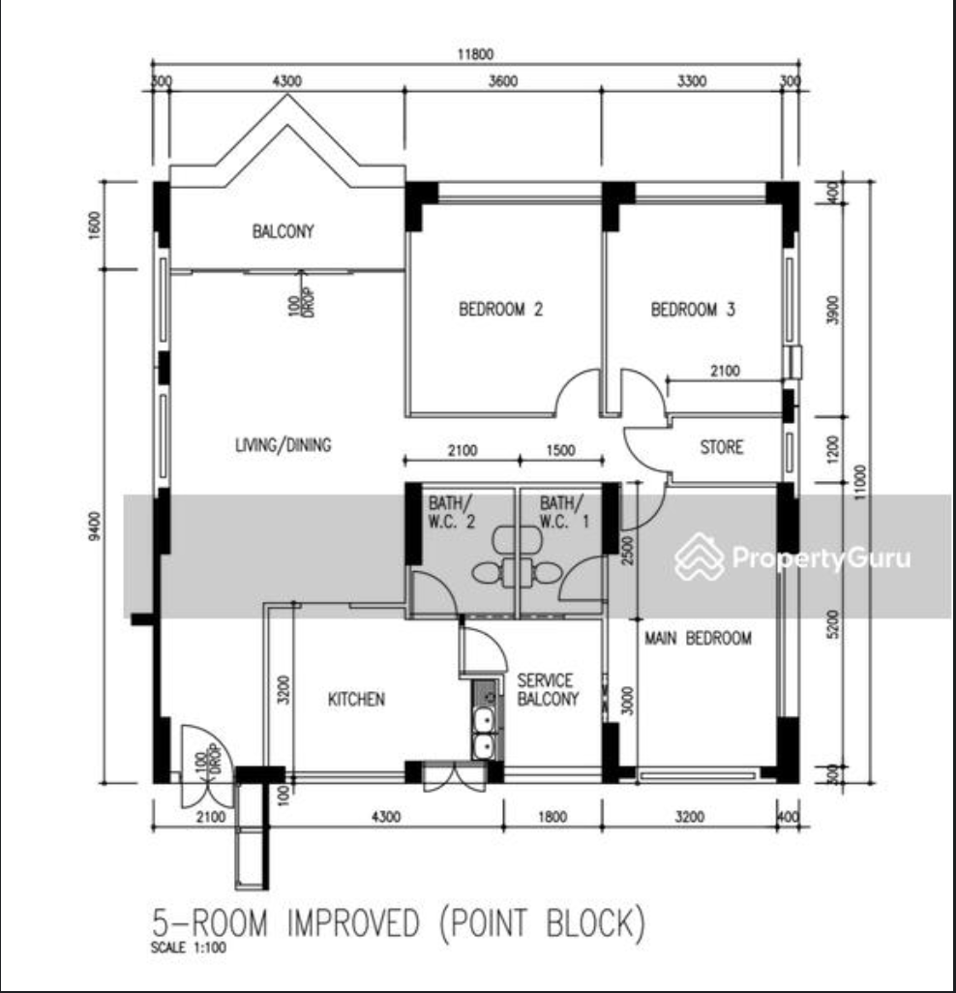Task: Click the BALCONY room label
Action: coord(283,231)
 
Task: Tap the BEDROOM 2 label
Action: coord(501,309)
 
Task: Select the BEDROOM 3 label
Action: coord(693,309)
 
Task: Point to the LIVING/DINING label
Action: coord(283,445)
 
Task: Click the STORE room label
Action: coord(722,447)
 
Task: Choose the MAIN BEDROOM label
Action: coord(698,638)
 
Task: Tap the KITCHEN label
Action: coord(356,699)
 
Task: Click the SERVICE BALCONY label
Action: coord(548,690)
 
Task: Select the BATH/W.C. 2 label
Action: coord(452,512)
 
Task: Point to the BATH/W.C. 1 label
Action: coord(565,512)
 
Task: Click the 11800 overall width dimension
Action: coord(475,54)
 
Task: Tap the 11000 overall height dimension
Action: coord(859,483)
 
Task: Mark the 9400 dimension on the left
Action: coord(94,527)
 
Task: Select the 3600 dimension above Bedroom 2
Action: coord(503,81)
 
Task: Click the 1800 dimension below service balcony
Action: coord(553,817)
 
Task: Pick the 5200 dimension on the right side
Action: coord(833,624)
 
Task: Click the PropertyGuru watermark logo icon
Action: coord(699,557)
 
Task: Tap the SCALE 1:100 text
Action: coord(189,948)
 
